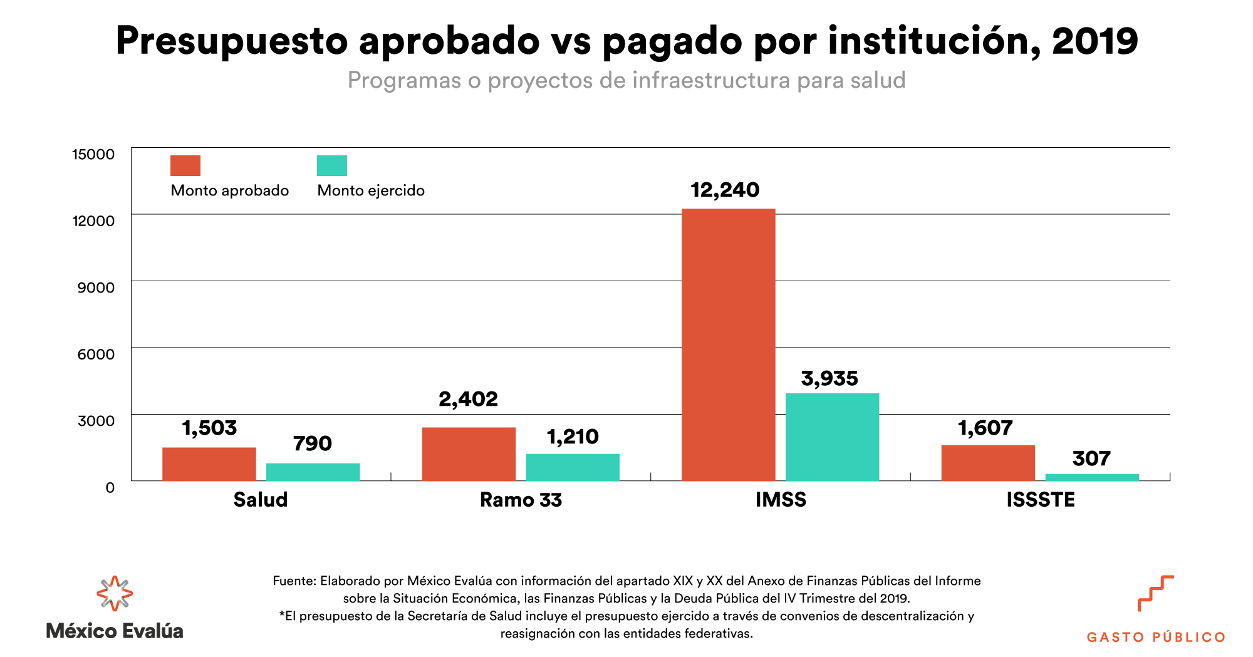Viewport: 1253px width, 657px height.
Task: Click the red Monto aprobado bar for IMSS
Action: pos(728,344)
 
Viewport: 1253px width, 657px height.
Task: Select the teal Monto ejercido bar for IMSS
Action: pos(832,437)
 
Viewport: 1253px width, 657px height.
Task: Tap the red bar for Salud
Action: pos(209,463)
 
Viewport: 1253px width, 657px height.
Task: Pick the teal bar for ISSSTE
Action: pos(1092,477)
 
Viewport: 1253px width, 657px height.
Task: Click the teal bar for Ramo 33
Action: pos(572,467)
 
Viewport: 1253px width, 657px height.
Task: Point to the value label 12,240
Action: pos(725,190)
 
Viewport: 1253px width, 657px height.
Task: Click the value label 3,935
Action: pos(829,378)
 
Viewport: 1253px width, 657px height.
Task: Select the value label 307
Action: pos(1091,458)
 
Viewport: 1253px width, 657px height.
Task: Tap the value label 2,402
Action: pos(468,399)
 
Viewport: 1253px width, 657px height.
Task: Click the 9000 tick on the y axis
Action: pos(96,287)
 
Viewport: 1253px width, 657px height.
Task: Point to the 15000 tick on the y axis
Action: pos(93,154)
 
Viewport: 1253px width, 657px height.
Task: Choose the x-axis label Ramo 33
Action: pos(521,500)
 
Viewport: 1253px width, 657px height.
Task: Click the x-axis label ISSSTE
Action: pos(1041,500)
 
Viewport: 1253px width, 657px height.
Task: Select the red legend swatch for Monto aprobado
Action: pos(185,165)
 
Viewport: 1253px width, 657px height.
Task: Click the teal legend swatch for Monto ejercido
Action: pos(332,165)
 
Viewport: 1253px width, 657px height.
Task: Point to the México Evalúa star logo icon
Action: pos(115,593)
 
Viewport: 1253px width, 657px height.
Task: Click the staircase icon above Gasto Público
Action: pos(1155,592)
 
